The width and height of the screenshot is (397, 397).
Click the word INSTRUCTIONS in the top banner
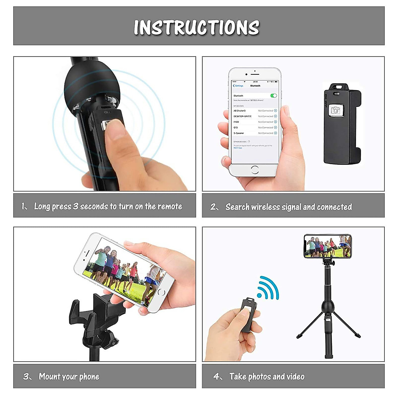coord(197,27)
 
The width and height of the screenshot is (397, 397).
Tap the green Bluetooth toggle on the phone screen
coord(274,96)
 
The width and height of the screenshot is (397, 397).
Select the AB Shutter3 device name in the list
coord(240,111)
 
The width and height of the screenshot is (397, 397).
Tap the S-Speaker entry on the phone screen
coord(239,133)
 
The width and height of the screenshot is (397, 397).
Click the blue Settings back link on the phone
coord(238,86)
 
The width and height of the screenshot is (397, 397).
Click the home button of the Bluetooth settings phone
coord(255,170)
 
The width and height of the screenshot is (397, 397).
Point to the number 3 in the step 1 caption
coord(76,206)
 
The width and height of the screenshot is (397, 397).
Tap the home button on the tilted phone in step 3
coord(161,292)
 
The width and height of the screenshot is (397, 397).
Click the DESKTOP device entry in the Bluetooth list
coord(243,116)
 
